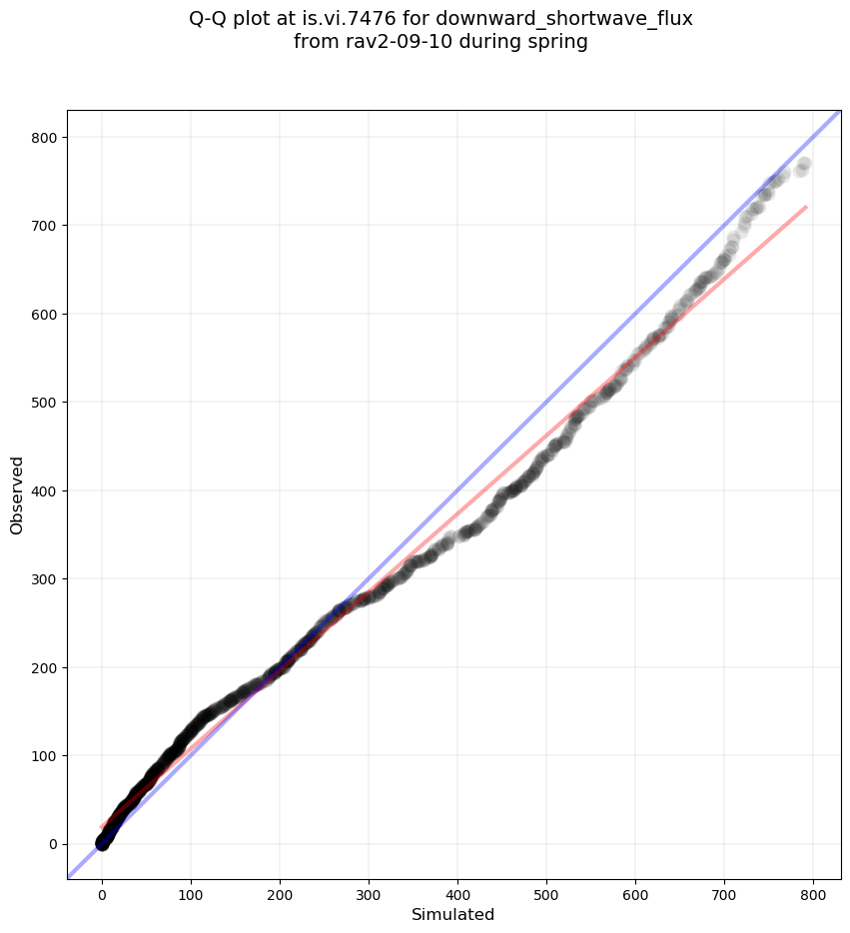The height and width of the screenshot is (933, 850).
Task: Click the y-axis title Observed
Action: (17, 494)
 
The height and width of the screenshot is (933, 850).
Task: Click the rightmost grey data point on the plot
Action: (803, 165)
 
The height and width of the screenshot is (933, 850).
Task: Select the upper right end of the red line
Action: (805, 207)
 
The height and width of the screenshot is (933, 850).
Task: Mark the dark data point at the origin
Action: (102, 844)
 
